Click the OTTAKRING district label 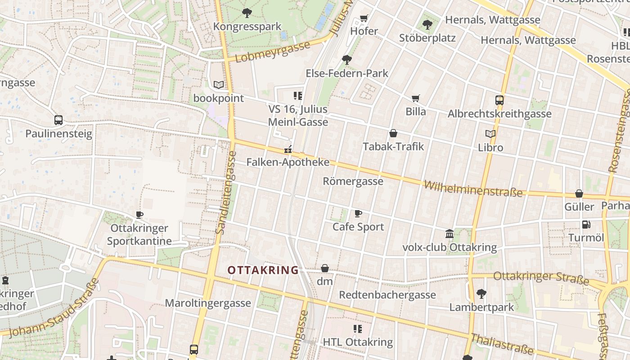(263, 270)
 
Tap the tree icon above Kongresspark (247, 13)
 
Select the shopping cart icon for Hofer (364, 18)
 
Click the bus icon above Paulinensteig (58, 120)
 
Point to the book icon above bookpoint (218, 85)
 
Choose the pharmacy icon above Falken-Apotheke (288, 149)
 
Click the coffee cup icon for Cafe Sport (358, 213)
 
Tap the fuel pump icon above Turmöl (586, 224)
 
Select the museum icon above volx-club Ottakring (449, 234)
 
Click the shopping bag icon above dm (324, 268)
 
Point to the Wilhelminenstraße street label (473, 189)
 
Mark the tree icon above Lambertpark (481, 294)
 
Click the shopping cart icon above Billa (415, 98)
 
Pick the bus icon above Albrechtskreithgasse (499, 100)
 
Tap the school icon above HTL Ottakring (358, 329)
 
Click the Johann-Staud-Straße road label (54, 308)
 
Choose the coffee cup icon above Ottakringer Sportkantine (139, 215)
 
